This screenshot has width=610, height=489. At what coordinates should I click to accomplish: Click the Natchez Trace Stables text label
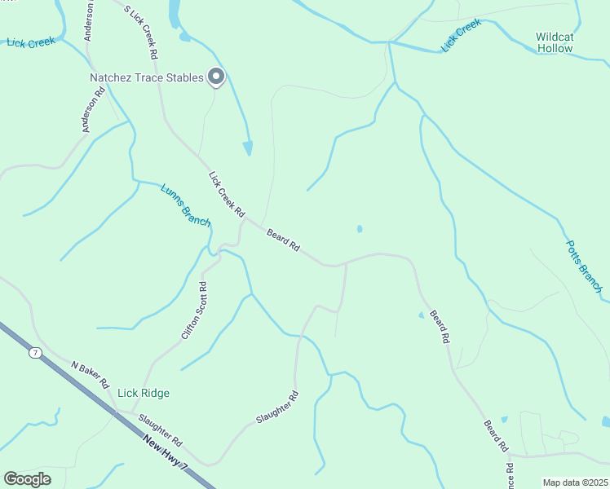pyautogui.click(x=146, y=78)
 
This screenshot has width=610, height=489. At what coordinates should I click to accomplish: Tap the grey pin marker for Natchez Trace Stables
pyautogui.click(x=216, y=77)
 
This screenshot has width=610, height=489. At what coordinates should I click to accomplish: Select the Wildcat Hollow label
pyautogui.click(x=555, y=42)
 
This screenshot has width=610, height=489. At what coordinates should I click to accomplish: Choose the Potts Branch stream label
pyautogui.click(x=584, y=267)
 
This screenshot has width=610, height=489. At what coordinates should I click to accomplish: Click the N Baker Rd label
pyautogui.click(x=90, y=374)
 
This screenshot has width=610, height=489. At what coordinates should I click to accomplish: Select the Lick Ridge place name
pyautogui.click(x=144, y=393)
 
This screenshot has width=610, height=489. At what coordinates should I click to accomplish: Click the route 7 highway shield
pyautogui.click(x=35, y=352)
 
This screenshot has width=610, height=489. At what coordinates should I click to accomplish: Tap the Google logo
pyautogui.click(x=27, y=478)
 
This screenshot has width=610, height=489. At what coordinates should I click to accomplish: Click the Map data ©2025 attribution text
pyautogui.click(x=576, y=482)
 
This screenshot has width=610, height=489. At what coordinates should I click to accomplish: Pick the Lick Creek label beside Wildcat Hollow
pyautogui.click(x=462, y=37)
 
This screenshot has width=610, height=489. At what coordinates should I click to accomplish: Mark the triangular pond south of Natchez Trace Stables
pyautogui.click(x=248, y=148)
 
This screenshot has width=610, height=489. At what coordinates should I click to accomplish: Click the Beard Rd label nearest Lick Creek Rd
pyautogui.click(x=284, y=239)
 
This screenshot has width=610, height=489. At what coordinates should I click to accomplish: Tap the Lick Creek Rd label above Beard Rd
pyautogui.click(x=227, y=193)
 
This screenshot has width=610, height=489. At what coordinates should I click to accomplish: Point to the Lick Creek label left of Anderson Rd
pyautogui.click(x=30, y=42)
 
